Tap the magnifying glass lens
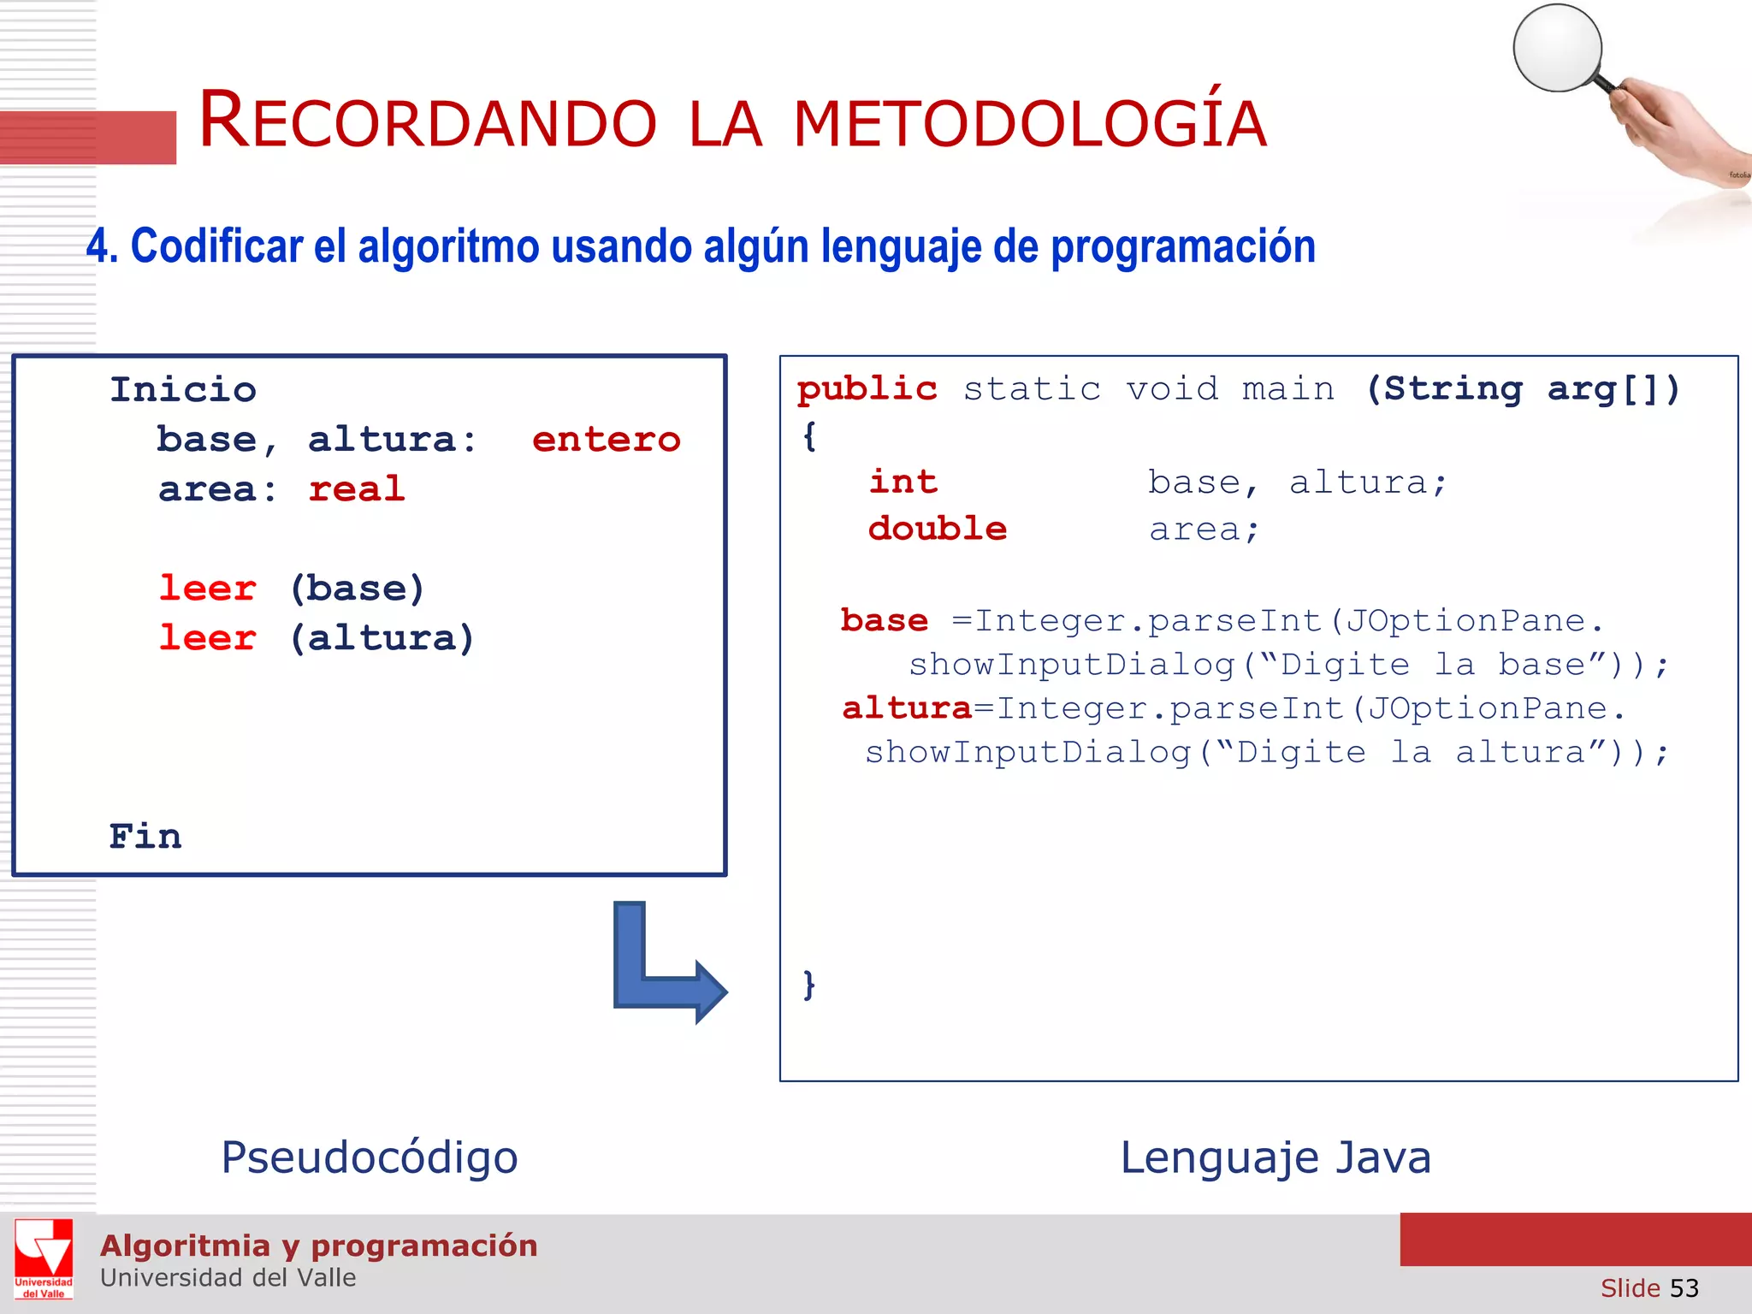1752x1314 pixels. pyautogui.click(x=1557, y=48)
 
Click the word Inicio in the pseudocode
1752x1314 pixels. pyautogui.click(x=183, y=390)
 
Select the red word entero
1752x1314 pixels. pyautogui.click(x=606, y=440)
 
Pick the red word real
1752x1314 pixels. pyautogui.click(x=356, y=489)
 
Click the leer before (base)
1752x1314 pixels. pyautogui.click(x=208, y=589)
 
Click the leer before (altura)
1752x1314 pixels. pyautogui.click(x=208, y=638)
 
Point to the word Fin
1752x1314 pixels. pyautogui.click(x=145, y=837)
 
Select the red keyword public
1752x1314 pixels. pyautogui.click(x=867, y=390)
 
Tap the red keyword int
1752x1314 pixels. pyautogui.click(x=903, y=482)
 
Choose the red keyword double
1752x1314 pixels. pyautogui.click(x=937, y=529)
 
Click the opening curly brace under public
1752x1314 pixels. pyautogui.click(x=809, y=437)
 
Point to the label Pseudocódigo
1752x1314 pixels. pyautogui.click(x=370, y=1158)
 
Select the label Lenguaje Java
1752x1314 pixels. pyautogui.click(x=1275, y=1158)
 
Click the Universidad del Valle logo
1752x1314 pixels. pyautogui.click(x=44, y=1258)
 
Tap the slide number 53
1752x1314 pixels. pyautogui.click(x=1684, y=1288)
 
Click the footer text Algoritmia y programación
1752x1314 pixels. pyautogui.click(x=318, y=1246)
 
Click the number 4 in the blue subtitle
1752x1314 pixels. pyautogui.click(x=98, y=247)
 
